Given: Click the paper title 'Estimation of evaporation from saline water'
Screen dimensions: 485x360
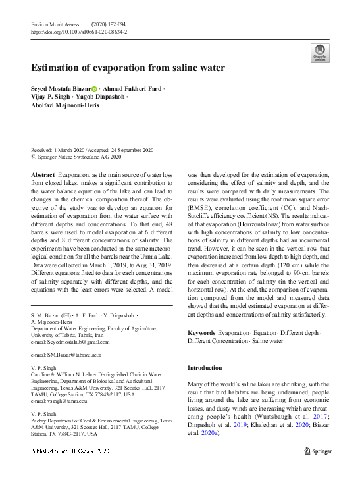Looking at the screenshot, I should click(128, 68).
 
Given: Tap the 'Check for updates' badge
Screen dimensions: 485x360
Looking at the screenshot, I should click(319, 53).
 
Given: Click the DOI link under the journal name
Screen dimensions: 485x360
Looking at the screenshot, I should click(79, 32).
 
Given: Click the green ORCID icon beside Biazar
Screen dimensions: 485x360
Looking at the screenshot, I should click(94, 89).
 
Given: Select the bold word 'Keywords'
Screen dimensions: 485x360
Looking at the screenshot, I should click(201, 334).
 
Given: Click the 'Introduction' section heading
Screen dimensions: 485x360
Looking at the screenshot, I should click(205, 368).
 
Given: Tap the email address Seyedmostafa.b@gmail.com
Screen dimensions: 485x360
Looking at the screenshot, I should click(70, 342).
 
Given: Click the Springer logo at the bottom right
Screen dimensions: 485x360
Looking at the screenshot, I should click(317, 451).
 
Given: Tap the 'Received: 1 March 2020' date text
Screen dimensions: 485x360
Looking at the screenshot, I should click(61, 150).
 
